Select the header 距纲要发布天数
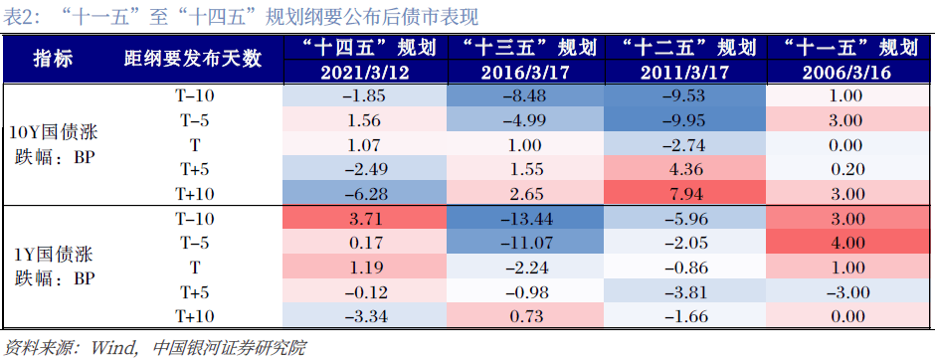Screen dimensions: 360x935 [x=192, y=60]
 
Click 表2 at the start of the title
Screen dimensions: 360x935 [x=19, y=15]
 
